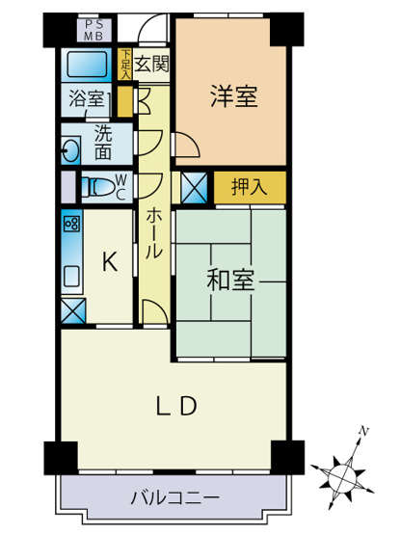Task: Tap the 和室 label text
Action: pyautogui.click(x=231, y=281)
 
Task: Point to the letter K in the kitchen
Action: pyautogui.click(x=110, y=261)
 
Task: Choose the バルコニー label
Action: pyautogui.click(x=175, y=497)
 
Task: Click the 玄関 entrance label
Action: pyautogui.click(x=151, y=66)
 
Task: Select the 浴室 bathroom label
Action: pyautogui.click(x=86, y=98)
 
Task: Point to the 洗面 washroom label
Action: pyautogui.click(x=103, y=144)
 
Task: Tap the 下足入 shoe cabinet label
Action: pyautogui.click(x=124, y=65)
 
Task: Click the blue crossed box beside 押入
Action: pyautogui.click(x=195, y=187)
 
